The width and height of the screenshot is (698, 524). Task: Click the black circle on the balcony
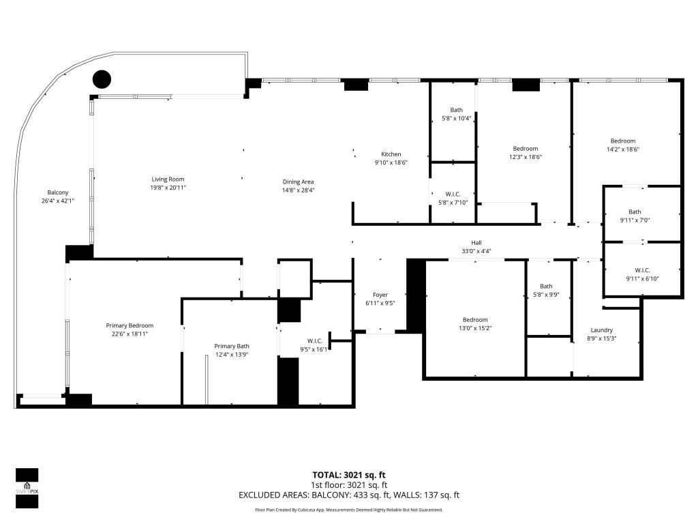click(102, 79)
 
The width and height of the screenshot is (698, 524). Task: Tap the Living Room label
click(168, 179)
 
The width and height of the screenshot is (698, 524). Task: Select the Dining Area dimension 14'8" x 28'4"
click(298, 191)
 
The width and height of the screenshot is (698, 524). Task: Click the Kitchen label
click(391, 154)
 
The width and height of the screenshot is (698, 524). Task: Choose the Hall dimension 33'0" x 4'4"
click(476, 251)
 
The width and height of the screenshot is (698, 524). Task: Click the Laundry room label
click(601, 330)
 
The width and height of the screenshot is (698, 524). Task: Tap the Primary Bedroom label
click(130, 325)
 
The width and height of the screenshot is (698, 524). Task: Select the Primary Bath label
click(232, 346)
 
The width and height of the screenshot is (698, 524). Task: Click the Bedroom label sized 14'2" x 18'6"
click(623, 141)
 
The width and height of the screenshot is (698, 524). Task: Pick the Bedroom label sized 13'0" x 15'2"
click(475, 320)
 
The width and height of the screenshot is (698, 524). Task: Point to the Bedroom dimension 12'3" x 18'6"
click(526, 157)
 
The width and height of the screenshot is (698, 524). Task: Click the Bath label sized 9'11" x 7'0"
click(635, 212)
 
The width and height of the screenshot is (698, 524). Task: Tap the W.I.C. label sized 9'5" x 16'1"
click(314, 341)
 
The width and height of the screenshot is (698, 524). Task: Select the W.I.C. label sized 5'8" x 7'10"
click(452, 194)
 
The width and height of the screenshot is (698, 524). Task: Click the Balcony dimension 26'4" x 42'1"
click(58, 201)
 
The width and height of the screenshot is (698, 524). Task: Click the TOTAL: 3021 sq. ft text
click(348, 475)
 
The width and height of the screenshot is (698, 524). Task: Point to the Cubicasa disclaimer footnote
click(348, 510)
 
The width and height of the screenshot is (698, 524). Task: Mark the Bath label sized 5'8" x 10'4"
click(457, 110)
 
